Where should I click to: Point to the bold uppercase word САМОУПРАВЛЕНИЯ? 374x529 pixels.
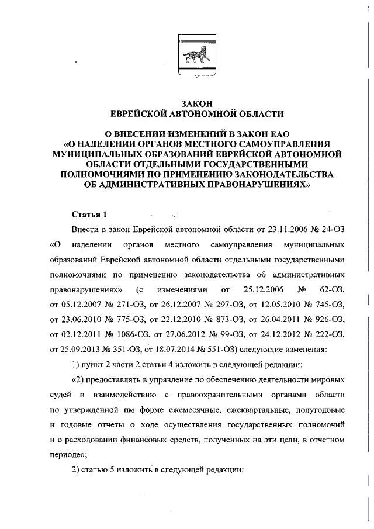click(275, 143)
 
